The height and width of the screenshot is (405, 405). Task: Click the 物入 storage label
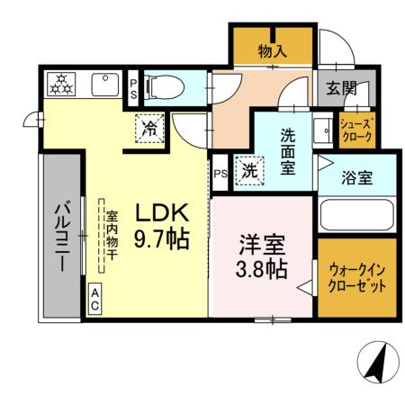pos(272,51)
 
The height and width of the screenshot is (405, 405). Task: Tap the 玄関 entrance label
pos(341,88)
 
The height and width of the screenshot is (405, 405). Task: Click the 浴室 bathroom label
pos(357,177)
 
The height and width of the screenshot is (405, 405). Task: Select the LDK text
pos(161,213)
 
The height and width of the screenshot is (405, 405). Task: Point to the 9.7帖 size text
pos(161,240)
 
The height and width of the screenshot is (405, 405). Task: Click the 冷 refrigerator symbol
pos(151,128)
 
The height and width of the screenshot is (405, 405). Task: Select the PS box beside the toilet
pos(133,87)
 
